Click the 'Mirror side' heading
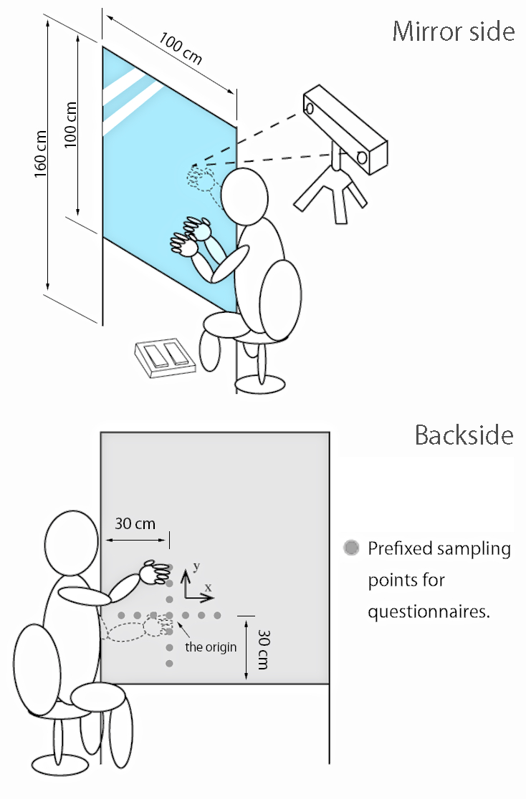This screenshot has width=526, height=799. tap(453, 32)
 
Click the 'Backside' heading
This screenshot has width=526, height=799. tap(464, 435)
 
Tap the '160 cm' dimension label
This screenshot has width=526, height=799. tap(40, 154)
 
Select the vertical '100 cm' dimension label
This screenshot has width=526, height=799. tap(70, 125)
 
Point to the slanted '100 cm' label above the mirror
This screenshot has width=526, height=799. tap(181, 49)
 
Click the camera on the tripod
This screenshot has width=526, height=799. tap(345, 128)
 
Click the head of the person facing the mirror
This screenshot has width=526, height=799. tap(244, 195)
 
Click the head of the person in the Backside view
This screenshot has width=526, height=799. tap(72, 543)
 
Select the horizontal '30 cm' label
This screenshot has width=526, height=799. tap(135, 523)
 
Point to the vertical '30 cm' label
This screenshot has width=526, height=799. tap(263, 649)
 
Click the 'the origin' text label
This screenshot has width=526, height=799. tap(211, 647)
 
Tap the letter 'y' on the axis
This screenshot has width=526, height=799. tap(196, 566)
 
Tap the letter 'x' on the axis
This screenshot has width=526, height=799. tap(208, 588)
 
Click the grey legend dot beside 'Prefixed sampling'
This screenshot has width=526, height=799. tap(351, 548)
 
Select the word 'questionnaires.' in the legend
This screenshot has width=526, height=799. tap(429, 611)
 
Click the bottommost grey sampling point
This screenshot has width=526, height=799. tap(169, 664)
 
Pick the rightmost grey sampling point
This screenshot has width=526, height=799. tap(217, 616)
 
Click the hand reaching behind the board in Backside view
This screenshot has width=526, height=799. tap(155, 572)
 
